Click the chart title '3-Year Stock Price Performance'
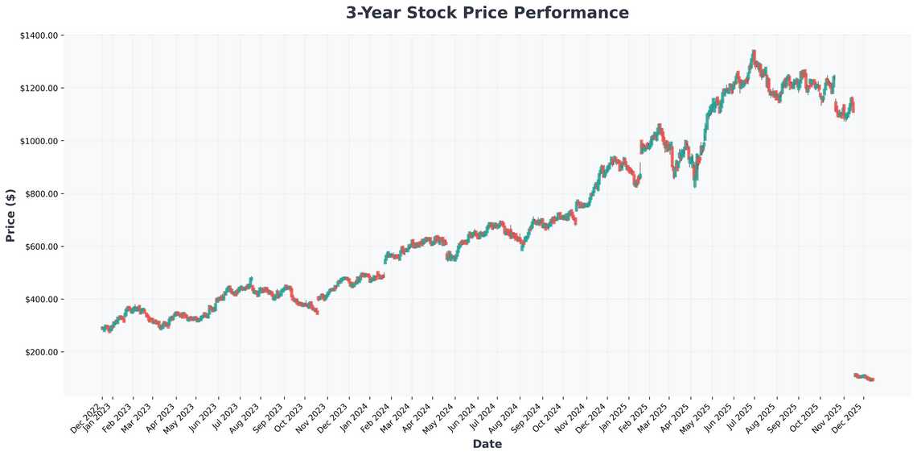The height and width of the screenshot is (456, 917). click(487, 13)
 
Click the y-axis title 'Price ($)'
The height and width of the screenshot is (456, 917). click(10, 215)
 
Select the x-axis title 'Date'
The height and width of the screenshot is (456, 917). click(487, 444)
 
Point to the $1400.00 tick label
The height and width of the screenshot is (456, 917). click(38, 35)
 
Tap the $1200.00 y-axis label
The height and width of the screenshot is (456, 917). click(38, 88)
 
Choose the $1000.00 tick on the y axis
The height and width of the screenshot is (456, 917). click(38, 141)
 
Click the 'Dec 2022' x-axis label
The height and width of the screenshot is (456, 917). click(88, 418)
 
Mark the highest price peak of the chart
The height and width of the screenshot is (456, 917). click(753, 52)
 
